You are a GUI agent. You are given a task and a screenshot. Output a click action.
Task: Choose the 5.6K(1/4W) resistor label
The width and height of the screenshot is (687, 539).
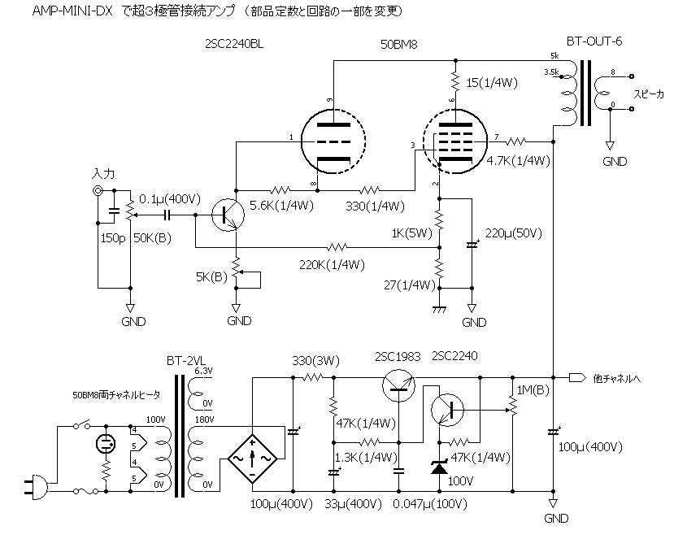click(284, 206)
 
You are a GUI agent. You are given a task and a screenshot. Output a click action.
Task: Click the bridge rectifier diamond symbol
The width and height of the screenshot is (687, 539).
click(252, 459)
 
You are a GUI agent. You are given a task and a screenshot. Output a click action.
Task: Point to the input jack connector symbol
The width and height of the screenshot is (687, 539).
click(98, 191)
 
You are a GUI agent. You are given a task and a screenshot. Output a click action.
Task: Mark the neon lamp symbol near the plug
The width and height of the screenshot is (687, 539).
click(104, 444)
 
